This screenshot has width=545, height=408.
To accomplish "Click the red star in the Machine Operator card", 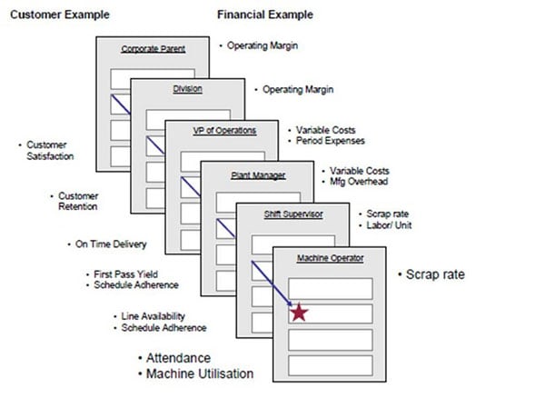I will tap(298, 313).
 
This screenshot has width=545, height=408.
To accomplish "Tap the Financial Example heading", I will tap(264, 15).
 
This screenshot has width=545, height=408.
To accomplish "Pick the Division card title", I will tap(187, 89).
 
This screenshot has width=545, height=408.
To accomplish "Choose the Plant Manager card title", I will tap(258, 171).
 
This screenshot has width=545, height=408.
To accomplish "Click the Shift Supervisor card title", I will tap(292, 215).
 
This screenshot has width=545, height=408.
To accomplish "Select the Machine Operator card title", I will tap(331, 259).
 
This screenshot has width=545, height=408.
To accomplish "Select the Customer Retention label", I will tap(80, 201).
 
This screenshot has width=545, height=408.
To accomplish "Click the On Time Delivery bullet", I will tap(109, 244).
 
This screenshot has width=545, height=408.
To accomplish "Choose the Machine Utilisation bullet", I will tap(197, 374).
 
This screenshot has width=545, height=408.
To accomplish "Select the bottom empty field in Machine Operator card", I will tap(331, 364).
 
